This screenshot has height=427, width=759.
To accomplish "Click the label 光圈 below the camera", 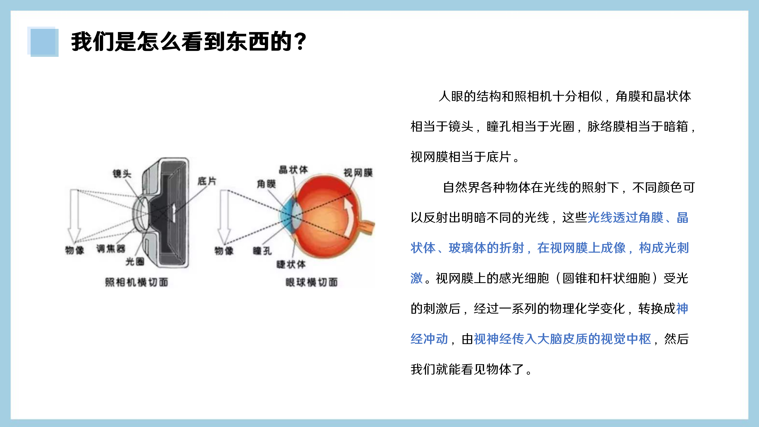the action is click(135, 261).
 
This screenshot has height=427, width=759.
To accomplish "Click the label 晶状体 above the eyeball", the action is click(293, 169).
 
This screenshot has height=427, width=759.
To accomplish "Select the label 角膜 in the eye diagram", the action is click(266, 184).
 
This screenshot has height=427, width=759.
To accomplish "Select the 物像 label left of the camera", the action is click(75, 250).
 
